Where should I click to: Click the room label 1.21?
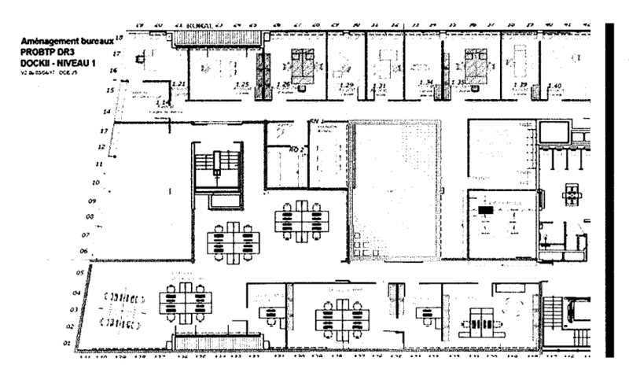point(179,83)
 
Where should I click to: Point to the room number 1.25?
point(242,84)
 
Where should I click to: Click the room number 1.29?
point(347,84)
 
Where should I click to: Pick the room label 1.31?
point(381,84)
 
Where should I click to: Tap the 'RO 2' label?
point(296,148)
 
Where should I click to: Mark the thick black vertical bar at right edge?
point(612,189)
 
